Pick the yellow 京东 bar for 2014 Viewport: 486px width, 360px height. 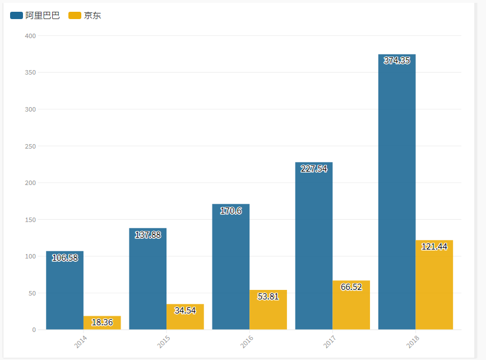tap(102, 323)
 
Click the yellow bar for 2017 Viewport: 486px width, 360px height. tap(351, 305)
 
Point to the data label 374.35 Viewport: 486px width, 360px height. tap(397, 61)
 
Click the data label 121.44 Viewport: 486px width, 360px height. tap(434, 247)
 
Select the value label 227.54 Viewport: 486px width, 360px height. tap(314, 169)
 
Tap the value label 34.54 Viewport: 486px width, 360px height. tap(185, 310)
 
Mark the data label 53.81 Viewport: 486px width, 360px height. tap(268, 297)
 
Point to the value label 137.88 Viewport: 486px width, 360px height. tap(148, 235)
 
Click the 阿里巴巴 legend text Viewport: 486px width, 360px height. tap(43, 16)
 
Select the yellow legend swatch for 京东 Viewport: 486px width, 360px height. tap(75, 16)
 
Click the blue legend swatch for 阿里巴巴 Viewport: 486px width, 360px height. tap(16, 16)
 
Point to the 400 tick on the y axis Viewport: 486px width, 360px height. tap(30, 36)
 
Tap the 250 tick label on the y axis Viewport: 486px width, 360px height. tap(30, 146)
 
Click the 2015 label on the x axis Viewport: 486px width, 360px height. tap(164, 342)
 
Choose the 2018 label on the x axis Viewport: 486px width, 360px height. tap(413, 342)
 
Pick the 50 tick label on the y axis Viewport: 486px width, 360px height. tap(32, 293)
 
